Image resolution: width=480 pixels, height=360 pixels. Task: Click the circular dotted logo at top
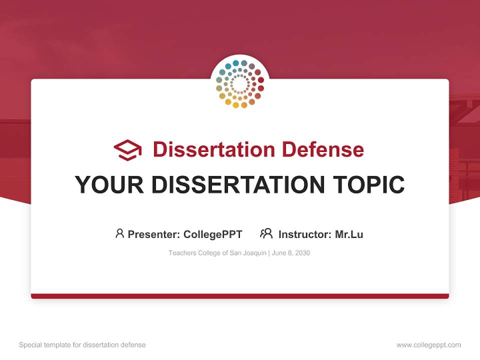coord(239,84)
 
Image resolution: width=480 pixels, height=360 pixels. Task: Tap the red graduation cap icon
coord(127,149)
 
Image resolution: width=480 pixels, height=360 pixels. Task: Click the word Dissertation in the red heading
coord(214,149)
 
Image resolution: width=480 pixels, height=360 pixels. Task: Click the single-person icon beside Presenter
coord(119,233)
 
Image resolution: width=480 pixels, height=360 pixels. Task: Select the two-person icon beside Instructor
coord(266,233)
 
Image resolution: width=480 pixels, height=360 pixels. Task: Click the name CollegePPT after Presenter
coord(213,234)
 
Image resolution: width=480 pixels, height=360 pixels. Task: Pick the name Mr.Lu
coord(349,234)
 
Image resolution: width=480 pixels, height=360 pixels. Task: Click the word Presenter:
coord(154,234)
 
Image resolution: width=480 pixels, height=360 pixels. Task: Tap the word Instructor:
coord(305,234)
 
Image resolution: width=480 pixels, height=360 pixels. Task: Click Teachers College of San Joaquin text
coord(217,253)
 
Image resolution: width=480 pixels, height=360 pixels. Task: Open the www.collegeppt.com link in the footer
coord(428,345)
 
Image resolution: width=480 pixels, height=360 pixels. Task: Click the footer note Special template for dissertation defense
coord(82,345)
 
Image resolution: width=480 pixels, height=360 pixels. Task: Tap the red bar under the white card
coord(240,296)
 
